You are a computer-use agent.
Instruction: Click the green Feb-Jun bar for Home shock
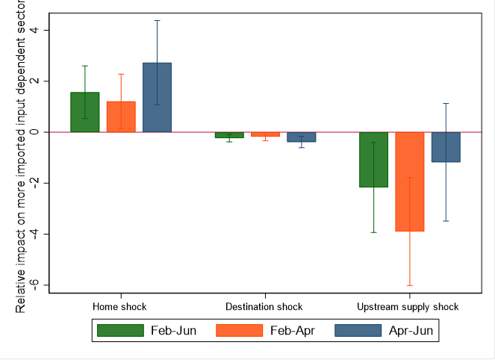pyautogui.click(x=84, y=112)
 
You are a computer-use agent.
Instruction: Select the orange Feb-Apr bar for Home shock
pyautogui.click(x=121, y=117)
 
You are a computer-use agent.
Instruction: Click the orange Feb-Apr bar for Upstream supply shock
pyautogui.click(x=409, y=181)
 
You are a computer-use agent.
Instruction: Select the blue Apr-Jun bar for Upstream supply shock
pyautogui.click(x=446, y=147)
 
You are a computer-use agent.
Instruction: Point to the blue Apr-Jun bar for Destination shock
pyautogui.click(x=301, y=137)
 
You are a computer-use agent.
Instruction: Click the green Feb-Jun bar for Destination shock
pyautogui.click(x=228, y=135)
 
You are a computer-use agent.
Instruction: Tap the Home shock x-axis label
pyautogui.click(x=119, y=307)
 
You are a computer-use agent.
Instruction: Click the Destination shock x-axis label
pyautogui.click(x=264, y=307)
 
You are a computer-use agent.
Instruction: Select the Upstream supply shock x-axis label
pyautogui.click(x=408, y=307)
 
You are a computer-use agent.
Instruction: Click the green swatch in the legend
pyautogui.click(x=120, y=330)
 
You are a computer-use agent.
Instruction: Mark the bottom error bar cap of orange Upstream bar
pyautogui.click(x=409, y=285)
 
